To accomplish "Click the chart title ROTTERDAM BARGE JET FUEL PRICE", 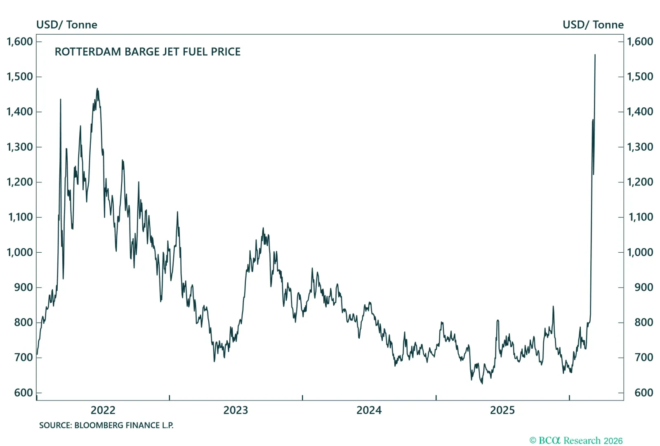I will click(x=147, y=52).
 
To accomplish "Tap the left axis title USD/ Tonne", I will click(x=67, y=25).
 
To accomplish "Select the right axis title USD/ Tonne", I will click(x=593, y=25).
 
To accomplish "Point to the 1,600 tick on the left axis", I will click(x=20, y=42).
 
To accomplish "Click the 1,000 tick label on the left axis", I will click(x=20, y=252).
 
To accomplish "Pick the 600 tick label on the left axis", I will click(x=23, y=393).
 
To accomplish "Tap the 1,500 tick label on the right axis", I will click(x=640, y=77).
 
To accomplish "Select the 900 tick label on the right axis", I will click(x=643, y=287).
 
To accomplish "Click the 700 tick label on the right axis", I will click(x=643, y=358).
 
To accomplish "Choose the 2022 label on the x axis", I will click(x=103, y=410).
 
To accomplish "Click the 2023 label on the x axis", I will click(x=236, y=410).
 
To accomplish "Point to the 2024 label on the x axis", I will click(x=369, y=410).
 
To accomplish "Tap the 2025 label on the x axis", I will click(x=502, y=410).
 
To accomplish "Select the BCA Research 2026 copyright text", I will click(x=576, y=441).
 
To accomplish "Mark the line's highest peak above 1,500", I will click(x=595, y=55).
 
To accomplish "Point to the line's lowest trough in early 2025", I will click(x=482, y=383).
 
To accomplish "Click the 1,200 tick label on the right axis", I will click(x=640, y=182).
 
